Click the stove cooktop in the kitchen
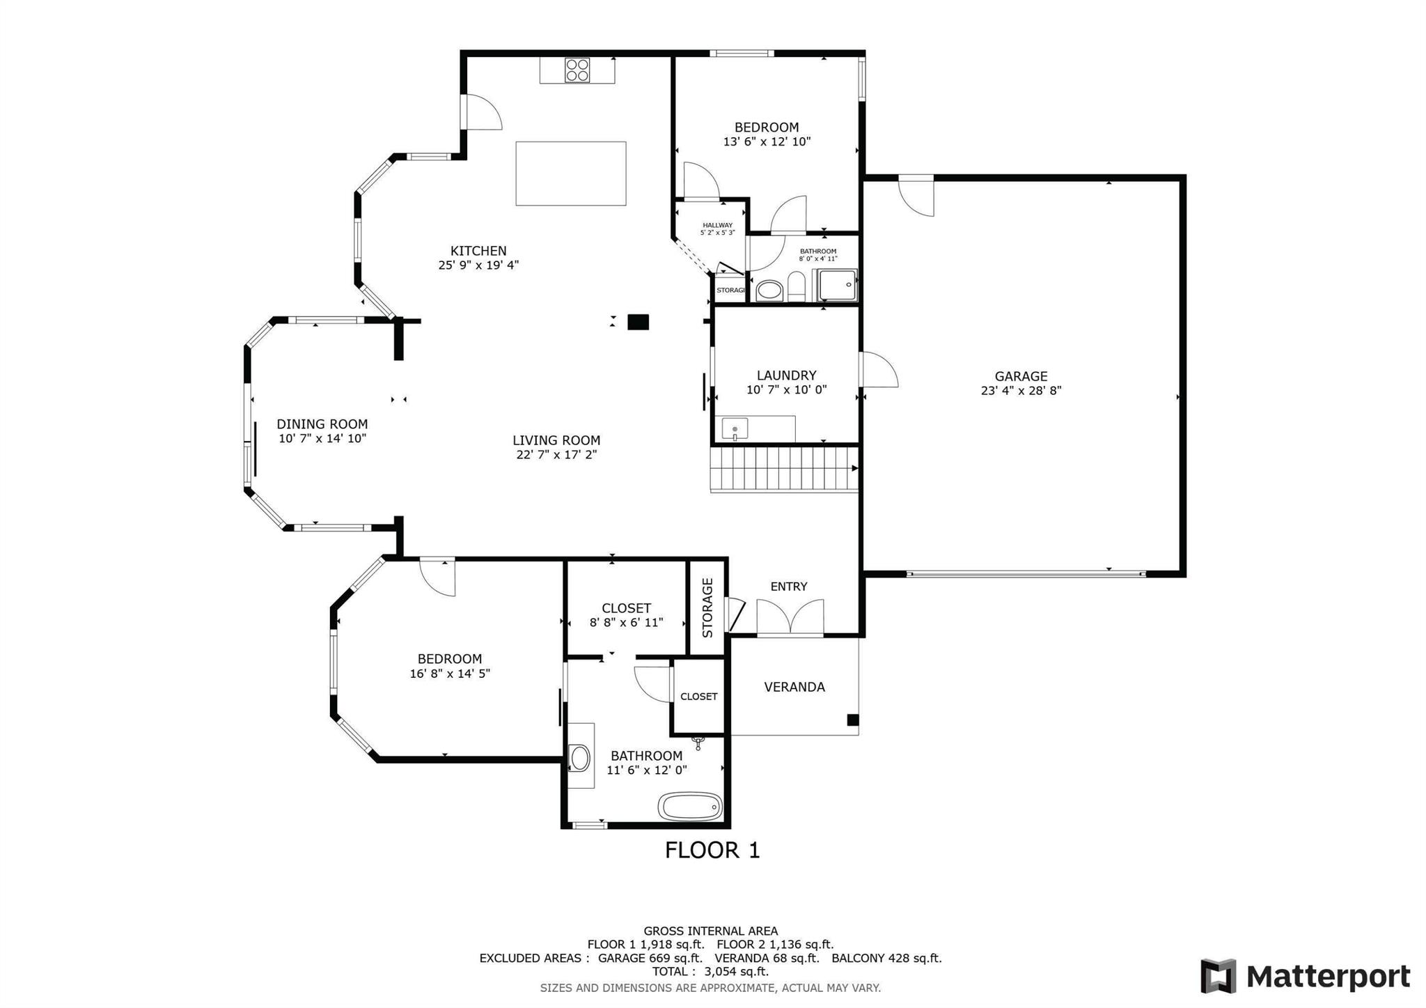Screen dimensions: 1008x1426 [577, 70]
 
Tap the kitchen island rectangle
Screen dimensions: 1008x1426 [570, 173]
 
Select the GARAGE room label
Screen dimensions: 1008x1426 [1021, 376]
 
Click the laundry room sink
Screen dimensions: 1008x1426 [735, 429]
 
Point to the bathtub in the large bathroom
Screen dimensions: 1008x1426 [690, 807]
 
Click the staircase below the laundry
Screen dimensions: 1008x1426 [784, 469]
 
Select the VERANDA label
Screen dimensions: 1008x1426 [794, 687]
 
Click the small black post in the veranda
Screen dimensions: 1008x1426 [852, 720]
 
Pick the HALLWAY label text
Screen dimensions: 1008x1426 [717, 225]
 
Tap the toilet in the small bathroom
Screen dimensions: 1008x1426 [796, 287]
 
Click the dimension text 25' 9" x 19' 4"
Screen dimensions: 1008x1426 [478, 265]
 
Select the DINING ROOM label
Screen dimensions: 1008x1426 [322, 424]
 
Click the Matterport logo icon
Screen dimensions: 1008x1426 [1219, 976]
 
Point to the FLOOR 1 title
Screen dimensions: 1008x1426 [712, 851]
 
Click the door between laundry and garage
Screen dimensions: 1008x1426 [878, 370]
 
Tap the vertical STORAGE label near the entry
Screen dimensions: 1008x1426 [708, 607]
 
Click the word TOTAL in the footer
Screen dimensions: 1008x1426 [672, 972]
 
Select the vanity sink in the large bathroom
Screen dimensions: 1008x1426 [579, 758]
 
